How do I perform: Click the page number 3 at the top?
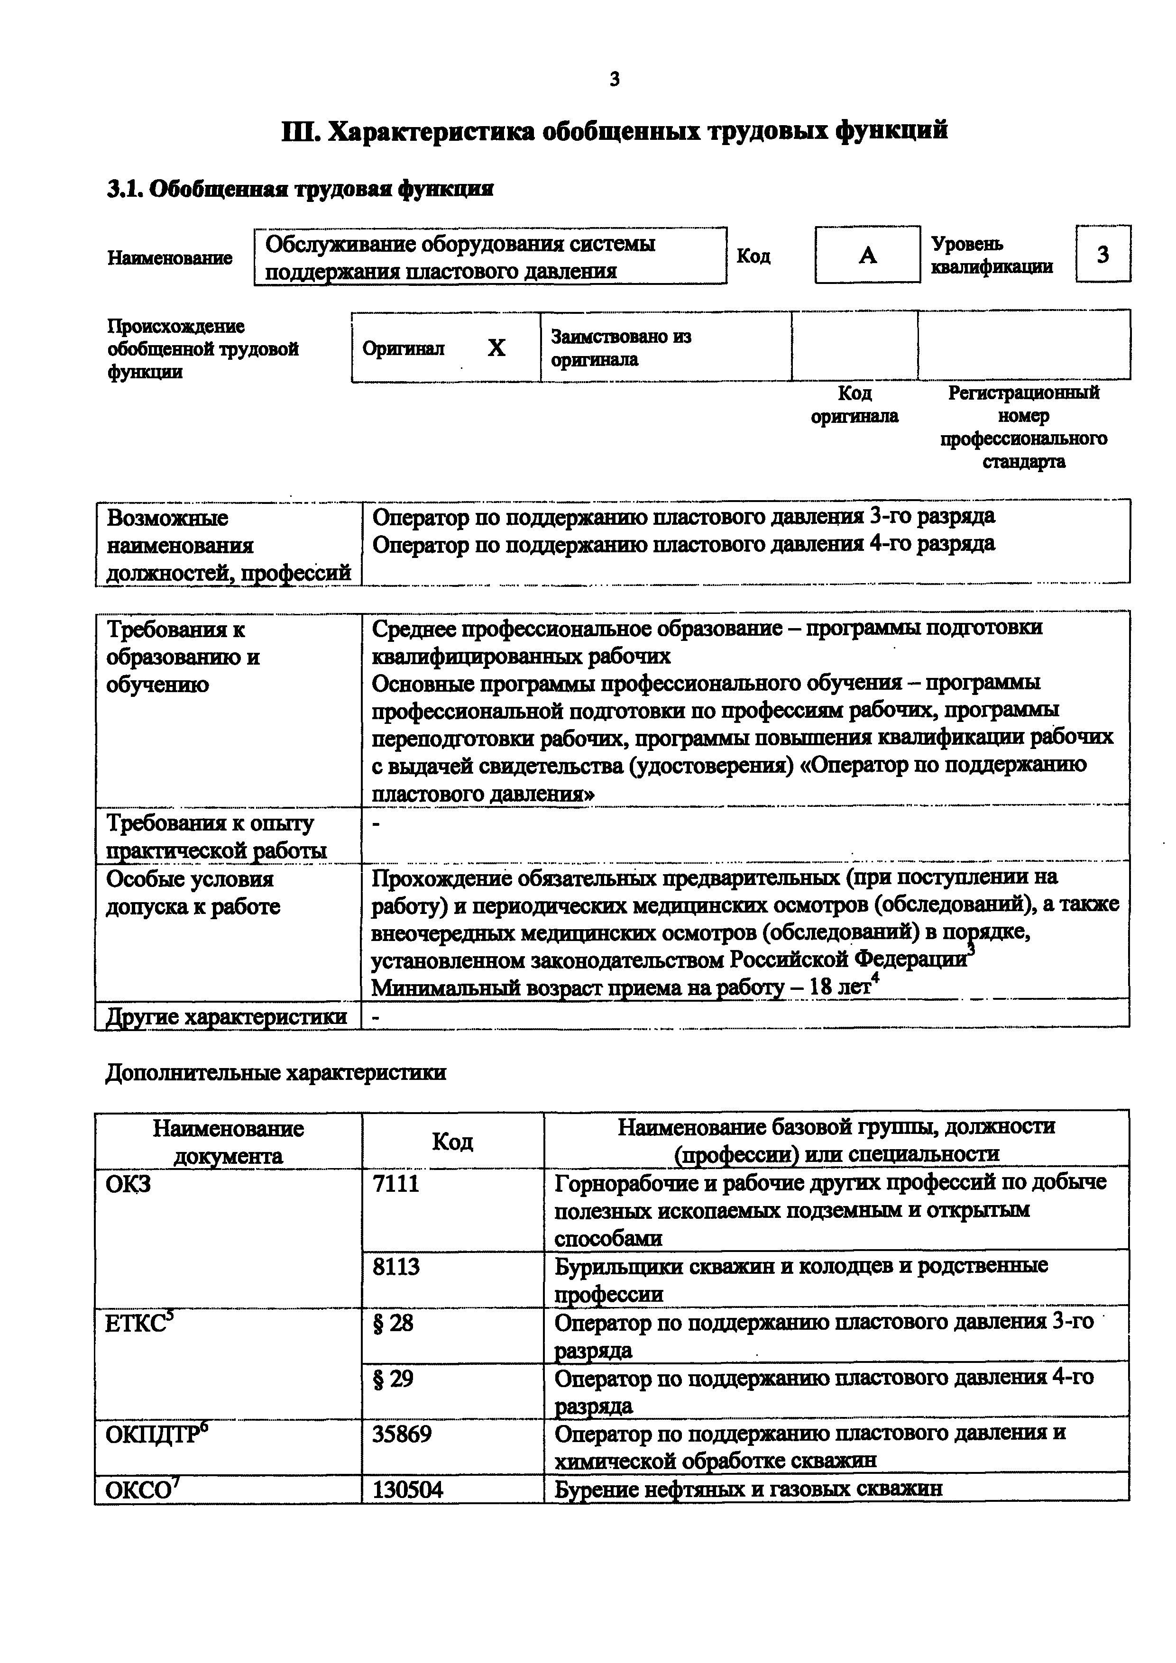[x=615, y=80]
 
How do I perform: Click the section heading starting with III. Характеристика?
[x=615, y=131]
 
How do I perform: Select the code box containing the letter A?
[x=867, y=255]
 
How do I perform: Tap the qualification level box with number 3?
[x=1103, y=254]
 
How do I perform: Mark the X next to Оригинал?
[x=496, y=348]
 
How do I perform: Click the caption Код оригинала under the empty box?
[x=854, y=405]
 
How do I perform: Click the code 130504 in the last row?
[x=407, y=1489]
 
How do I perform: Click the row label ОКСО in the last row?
[x=142, y=1489]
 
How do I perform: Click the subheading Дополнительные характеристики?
[x=276, y=1072]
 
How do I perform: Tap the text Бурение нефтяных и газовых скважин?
[x=748, y=1489]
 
